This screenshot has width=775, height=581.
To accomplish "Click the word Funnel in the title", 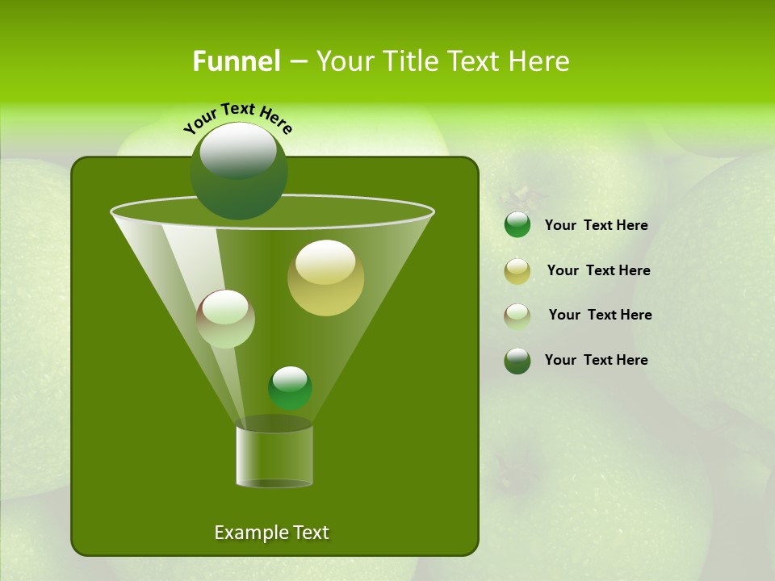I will [237, 61].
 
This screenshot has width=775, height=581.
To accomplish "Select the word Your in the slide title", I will [345, 61].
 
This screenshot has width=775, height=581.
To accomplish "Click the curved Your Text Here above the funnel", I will [237, 117].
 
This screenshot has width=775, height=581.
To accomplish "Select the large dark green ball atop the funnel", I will [239, 171].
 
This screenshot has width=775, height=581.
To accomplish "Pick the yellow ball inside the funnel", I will [325, 278].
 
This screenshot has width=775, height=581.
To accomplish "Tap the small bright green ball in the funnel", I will [291, 387].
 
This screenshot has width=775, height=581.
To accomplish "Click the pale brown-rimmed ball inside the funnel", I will [226, 319].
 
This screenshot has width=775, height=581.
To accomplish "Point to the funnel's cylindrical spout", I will [274, 456].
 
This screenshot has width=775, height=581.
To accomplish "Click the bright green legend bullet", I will [517, 225].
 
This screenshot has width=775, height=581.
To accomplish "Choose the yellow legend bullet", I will [517, 270].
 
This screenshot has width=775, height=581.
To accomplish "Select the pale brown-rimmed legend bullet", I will [517, 316].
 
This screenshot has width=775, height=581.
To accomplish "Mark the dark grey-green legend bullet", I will [517, 361].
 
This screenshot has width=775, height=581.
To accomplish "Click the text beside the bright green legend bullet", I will [596, 225].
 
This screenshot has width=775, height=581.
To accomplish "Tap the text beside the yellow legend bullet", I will [598, 270].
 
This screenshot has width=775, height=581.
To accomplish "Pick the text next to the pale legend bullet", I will [600, 315].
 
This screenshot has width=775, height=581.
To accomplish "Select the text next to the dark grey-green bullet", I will [596, 360].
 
